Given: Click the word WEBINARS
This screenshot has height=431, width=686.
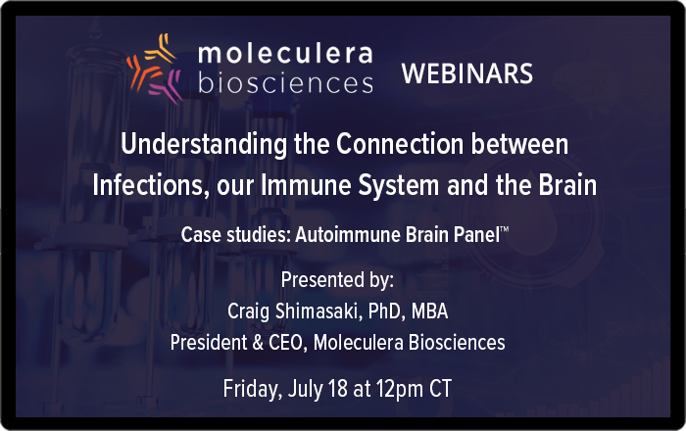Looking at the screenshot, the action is [x=467, y=73].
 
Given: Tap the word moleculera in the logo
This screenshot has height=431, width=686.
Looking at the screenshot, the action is [x=285, y=53].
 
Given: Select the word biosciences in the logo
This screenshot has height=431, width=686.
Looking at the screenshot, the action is [x=285, y=81].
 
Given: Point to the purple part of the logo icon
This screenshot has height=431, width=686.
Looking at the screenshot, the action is [x=167, y=85].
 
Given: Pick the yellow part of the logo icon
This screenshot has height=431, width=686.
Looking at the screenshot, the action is [x=161, y=48].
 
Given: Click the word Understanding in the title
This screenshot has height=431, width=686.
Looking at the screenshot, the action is [x=204, y=144].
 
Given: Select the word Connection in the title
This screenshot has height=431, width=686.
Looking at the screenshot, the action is [x=400, y=144].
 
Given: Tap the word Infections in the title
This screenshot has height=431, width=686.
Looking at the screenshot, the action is [x=148, y=185].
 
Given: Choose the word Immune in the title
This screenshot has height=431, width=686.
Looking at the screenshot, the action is [x=306, y=185].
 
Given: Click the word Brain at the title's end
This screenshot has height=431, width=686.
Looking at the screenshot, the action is [x=567, y=185].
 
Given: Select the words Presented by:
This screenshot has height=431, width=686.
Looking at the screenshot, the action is [x=337, y=280].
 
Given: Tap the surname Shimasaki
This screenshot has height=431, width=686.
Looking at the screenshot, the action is [x=317, y=311].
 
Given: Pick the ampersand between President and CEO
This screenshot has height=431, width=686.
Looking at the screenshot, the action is [x=258, y=342].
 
